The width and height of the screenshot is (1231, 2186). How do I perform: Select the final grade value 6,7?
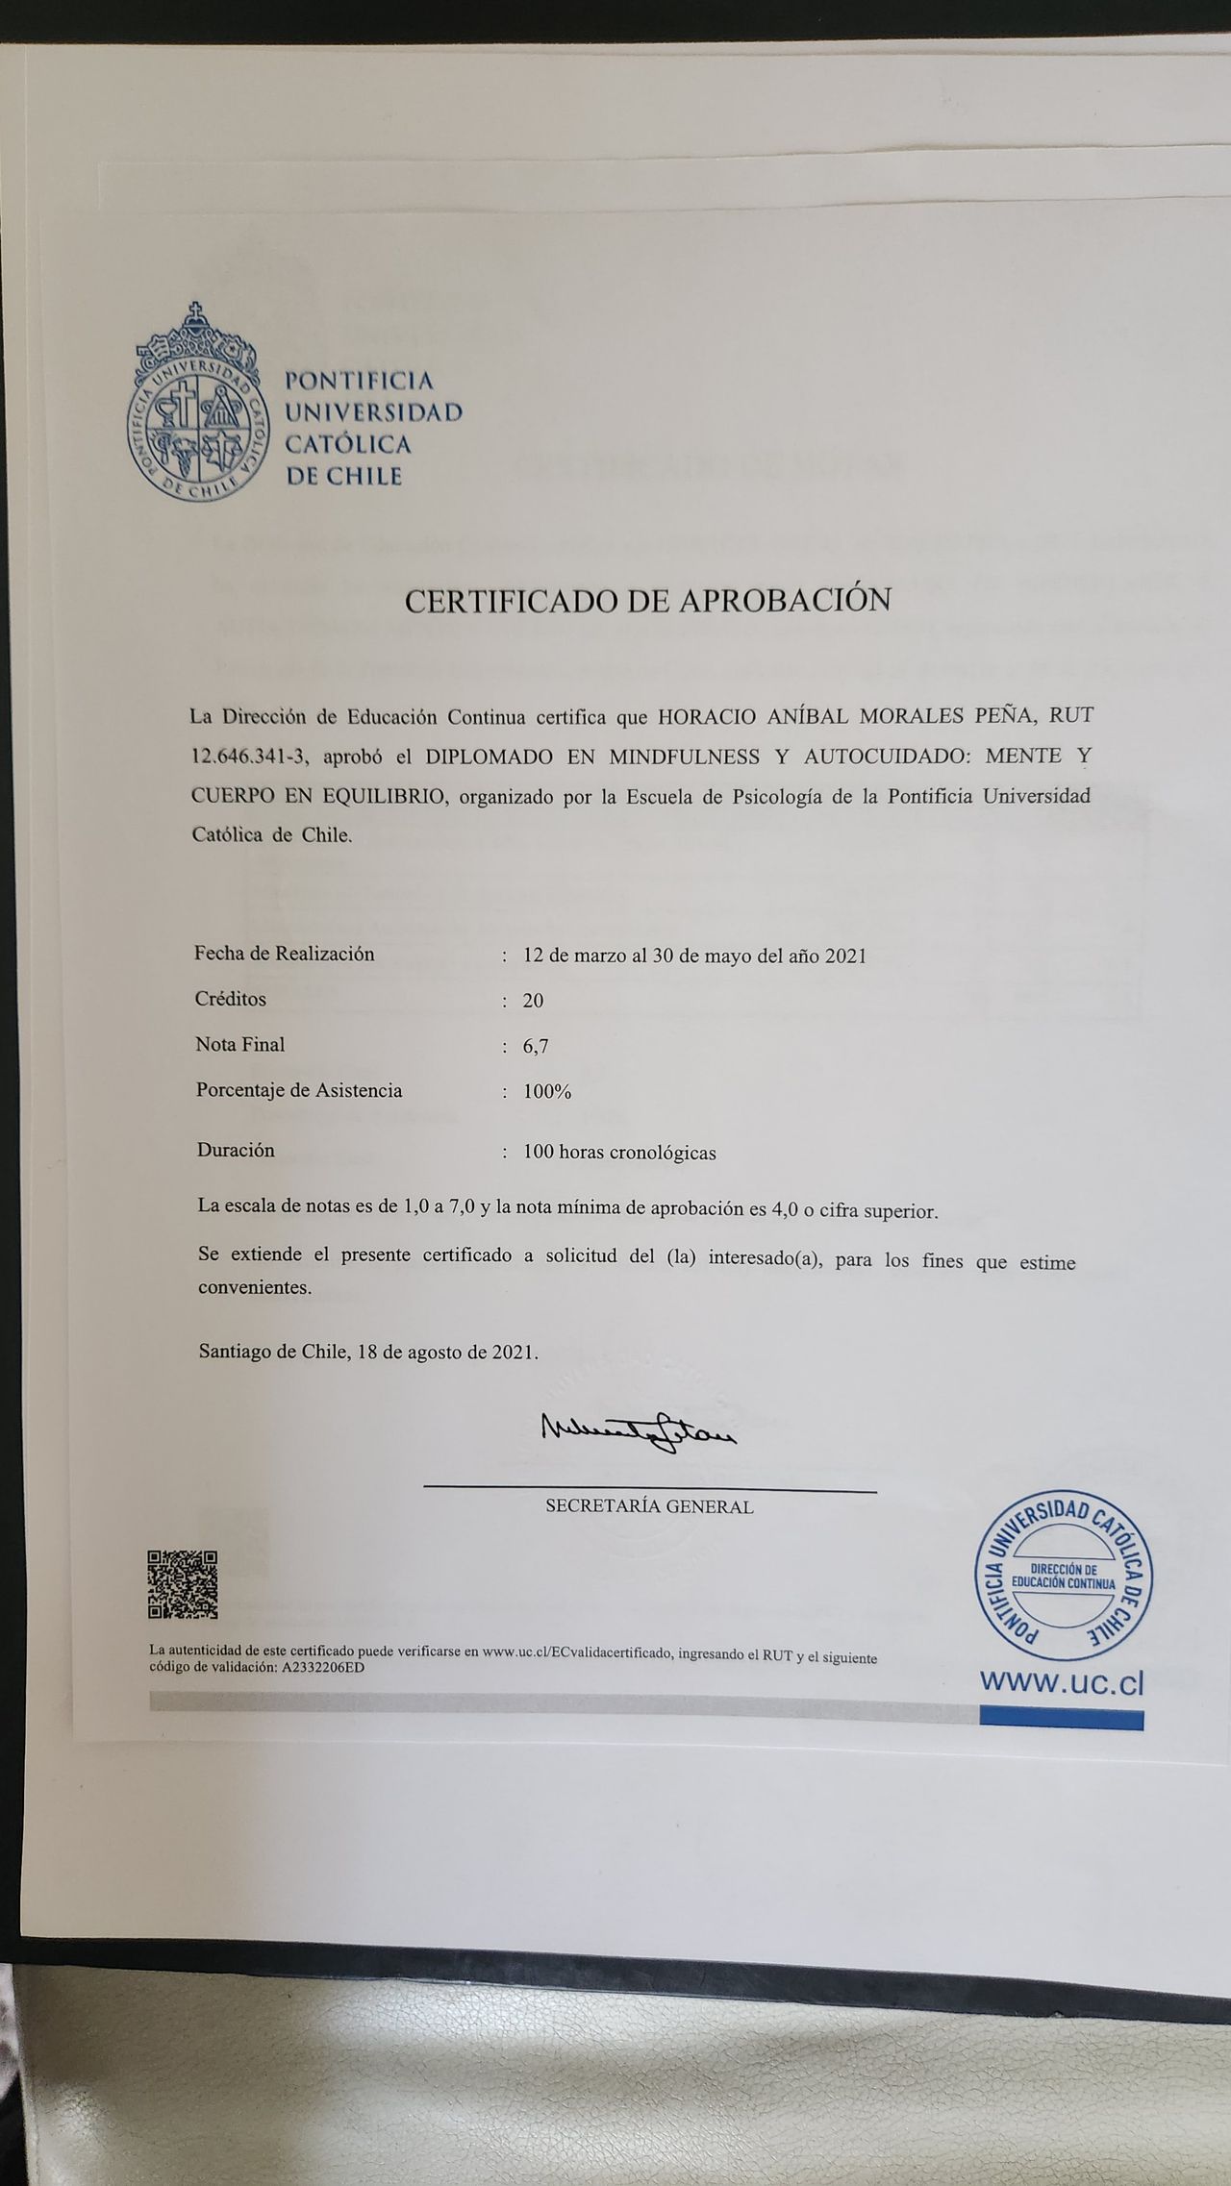tap(536, 1047)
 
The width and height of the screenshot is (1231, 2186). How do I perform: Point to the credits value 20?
tap(533, 1001)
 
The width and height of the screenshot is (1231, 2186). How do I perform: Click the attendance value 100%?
tap(547, 1092)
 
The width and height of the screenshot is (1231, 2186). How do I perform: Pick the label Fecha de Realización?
tap(285, 954)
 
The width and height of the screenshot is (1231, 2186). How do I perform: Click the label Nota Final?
tap(240, 1044)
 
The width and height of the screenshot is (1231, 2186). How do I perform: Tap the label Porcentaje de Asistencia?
tap(299, 1090)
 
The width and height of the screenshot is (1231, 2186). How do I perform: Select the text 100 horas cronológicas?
tap(619, 1153)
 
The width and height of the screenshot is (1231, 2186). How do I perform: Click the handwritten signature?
tap(639, 1435)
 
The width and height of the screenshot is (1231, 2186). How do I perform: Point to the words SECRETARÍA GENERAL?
tap(649, 1507)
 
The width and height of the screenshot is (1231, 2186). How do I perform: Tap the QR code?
tap(182, 1584)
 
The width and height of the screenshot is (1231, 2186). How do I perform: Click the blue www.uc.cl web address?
tap(1062, 1682)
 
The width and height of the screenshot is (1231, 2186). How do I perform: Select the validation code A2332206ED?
tap(323, 1668)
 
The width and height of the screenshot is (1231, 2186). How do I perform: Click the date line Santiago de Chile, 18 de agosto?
tap(368, 1352)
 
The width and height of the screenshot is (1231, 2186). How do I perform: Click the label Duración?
tap(236, 1150)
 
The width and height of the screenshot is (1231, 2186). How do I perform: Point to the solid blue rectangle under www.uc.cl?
tap(1061, 1718)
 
